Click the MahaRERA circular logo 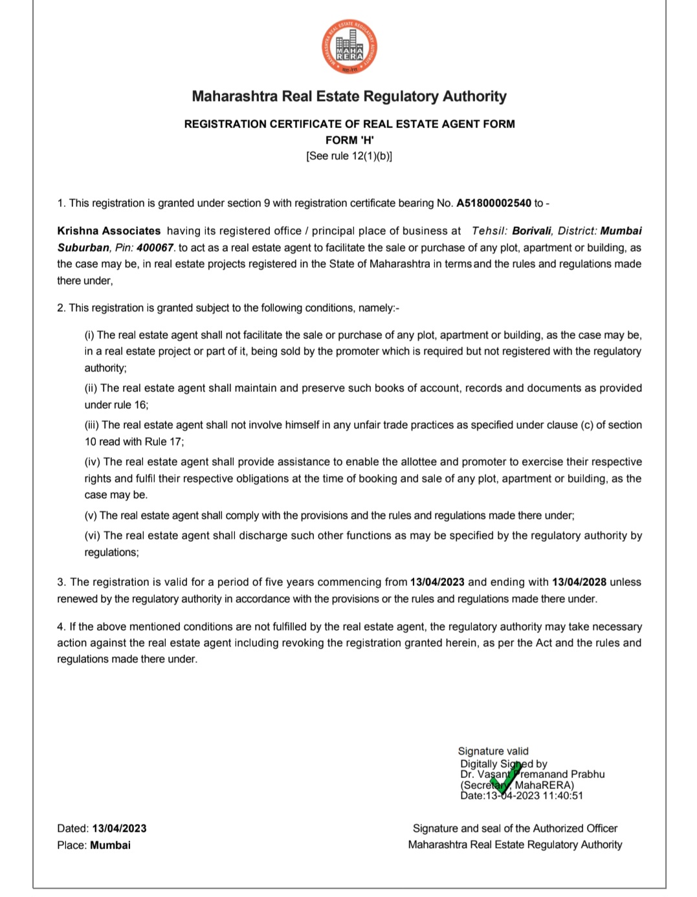pos(349,47)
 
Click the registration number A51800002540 pos(493,203)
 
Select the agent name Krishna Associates pos(109,231)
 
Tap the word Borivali pos(531,231)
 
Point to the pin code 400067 pos(155,248)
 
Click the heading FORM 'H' pos(349,140)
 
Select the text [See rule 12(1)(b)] pos(349,156)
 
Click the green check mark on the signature pos(506,777)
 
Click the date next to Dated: pos(119,828)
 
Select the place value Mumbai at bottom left pos(110,845)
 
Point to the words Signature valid pos(493,751)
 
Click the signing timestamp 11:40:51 pos(563,795)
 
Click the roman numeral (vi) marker pos(93,535)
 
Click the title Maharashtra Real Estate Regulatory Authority pos(349,96)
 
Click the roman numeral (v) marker pos(91,515)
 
